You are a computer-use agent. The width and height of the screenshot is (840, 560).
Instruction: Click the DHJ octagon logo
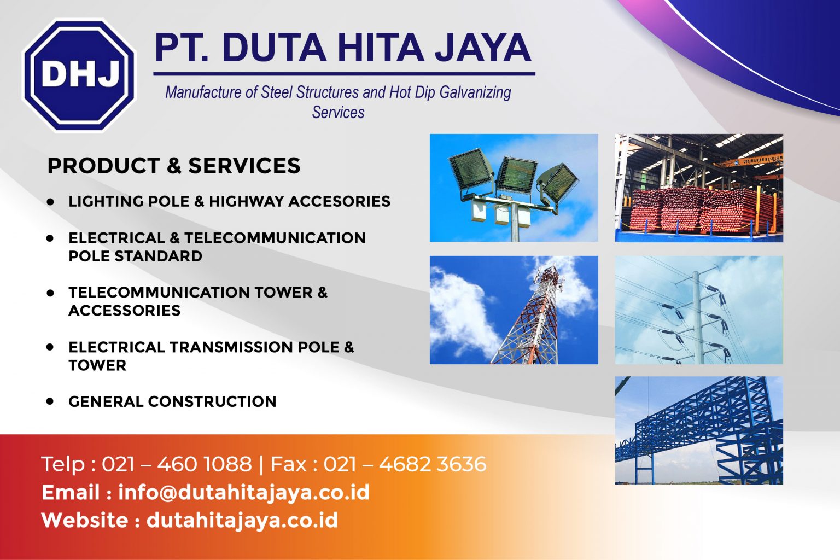pyautogui.click(x=79, y=74)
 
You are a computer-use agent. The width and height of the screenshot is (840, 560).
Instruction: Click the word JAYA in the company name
pyautogui.click(x=483, y=48)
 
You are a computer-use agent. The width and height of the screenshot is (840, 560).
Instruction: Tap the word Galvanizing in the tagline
pyautogui.click(x=475, y=92)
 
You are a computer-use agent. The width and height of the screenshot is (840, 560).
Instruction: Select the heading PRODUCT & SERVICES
pyautogui.click(x=173, y=165)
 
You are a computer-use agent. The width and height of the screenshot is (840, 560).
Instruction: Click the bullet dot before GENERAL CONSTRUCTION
pyautogui.click(x=50, y=401)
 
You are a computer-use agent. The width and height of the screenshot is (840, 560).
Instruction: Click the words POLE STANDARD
pyautogui.click(x=136, y=256)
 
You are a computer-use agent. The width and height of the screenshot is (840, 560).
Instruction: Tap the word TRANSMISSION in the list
pyautogui.click(x=231, y=347)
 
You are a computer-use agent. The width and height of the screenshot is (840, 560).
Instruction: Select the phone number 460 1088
pyautogui.click(x=205, y=464)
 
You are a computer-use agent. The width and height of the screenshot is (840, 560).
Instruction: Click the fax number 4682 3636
pyautogui.click(x=433, y=464)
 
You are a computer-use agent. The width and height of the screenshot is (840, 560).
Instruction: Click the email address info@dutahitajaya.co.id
pyautogui.click(x=244, y=493)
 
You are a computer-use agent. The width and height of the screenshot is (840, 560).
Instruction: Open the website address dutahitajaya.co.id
pyautogui.click(x=242, y=521)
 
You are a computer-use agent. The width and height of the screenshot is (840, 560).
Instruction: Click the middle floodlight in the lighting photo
pyautogui.click(x=516, y=174)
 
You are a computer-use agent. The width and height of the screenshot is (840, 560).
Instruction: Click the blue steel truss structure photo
pyautogui.click(x=699, y=430)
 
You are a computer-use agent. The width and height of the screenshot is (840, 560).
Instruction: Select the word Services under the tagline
pyautogui.click(x=339, y=113)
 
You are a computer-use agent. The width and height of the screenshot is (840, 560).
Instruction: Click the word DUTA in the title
pyautogui.click(x=274, y=48)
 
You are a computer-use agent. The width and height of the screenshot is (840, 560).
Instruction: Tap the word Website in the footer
pyautogui.click(x=85, y=521)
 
